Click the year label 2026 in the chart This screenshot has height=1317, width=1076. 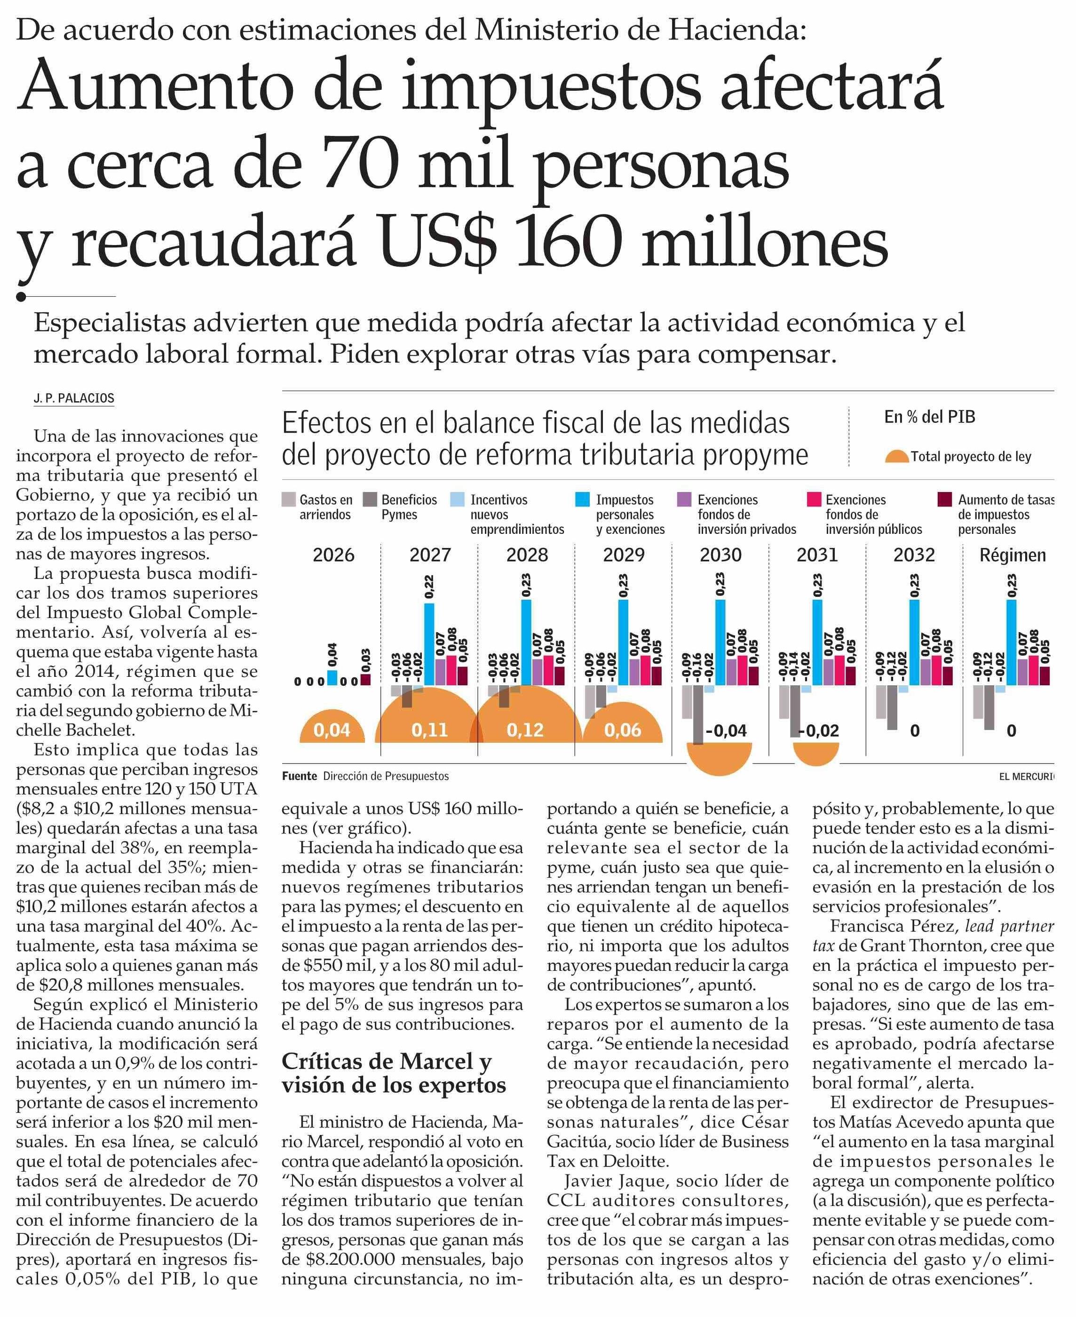pyautogui.click(x=333, y=555)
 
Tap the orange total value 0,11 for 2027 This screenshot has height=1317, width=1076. pyautogui.click(x=429, y=730)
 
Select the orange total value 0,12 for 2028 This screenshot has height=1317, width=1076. pyautogui.click(x=525, y=730)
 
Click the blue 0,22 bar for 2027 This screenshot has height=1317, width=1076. pyautogui.click(x=429, y=644)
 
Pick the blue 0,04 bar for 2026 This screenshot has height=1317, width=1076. pyautogui.click(x=332, y=677)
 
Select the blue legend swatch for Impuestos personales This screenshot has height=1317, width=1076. pyautogui.click(x=582, y=500)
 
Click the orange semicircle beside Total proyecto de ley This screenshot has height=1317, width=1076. pyautogui.click(x=897, y=458)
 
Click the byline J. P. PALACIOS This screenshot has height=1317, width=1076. pyautogui.click(x=74, y=398)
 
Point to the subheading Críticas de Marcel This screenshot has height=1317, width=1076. pyautogui.click(x=386, y=1062)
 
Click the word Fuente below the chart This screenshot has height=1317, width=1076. pyautogui.click(x=300, y=776)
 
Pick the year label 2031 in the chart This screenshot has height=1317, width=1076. pyautogui.click(x=817, y=555)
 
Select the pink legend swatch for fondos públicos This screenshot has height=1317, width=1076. pyautogui.click(x=815, y=500)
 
